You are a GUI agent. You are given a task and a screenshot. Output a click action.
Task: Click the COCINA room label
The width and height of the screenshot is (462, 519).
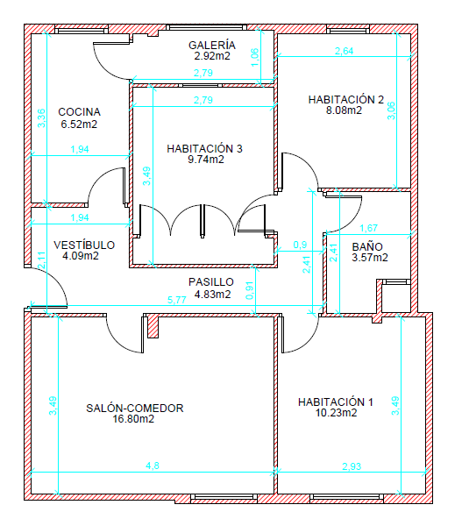point(80,112)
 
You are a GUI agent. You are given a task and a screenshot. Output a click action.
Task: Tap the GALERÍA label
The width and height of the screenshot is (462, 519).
point(212,45)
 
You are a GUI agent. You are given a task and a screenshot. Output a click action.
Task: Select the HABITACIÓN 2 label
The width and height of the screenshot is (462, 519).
point(345,99)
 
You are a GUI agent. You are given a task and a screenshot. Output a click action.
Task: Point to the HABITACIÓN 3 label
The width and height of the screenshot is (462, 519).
point(204,149)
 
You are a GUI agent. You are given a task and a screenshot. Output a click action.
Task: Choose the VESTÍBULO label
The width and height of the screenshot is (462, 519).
point(84,245)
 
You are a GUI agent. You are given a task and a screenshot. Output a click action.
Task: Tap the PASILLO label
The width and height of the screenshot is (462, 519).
point(211,282)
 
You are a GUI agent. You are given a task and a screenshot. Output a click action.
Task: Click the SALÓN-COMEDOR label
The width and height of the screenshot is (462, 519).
point(135,409)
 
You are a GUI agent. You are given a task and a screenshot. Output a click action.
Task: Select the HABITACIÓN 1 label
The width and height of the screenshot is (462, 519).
point(336,402)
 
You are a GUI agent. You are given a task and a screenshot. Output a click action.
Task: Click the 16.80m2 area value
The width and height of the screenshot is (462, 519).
point(133,419)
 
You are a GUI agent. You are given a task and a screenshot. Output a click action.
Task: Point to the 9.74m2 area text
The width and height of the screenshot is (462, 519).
point(206,160)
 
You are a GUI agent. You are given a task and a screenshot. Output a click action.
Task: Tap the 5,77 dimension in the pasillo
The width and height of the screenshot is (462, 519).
point(177,300)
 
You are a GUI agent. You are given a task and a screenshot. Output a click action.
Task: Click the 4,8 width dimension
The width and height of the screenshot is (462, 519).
point(153,466)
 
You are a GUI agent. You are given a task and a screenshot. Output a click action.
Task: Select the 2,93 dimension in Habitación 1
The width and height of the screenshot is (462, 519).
point(352,466)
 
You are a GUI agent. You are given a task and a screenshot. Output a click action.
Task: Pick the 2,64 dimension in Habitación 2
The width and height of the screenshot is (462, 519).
point(345,51)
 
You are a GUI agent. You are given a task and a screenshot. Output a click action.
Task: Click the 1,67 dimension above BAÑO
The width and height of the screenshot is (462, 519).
point(368,228)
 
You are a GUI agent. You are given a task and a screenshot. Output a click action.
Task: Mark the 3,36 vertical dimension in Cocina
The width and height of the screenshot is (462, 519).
point(42,118)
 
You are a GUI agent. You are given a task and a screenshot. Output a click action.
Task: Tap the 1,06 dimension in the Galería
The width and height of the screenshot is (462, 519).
point(255,58)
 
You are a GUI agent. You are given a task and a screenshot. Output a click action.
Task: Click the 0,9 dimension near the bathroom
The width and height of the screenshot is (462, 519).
point(300,245)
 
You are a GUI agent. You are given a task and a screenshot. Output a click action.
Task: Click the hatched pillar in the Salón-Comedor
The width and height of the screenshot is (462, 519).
point(153,326)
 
